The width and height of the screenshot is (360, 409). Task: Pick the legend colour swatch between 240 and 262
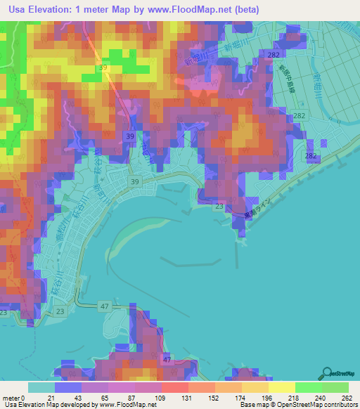335,387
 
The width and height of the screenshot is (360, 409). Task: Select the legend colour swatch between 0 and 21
41,387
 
